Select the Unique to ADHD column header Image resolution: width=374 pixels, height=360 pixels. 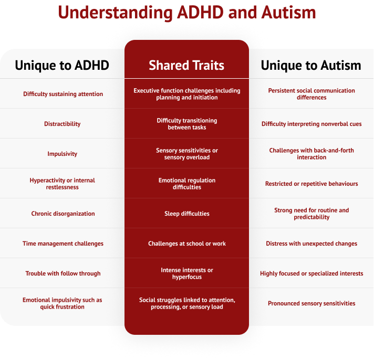[62, 65]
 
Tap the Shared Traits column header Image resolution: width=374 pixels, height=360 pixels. [186, 65]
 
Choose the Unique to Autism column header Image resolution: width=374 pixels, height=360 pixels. [311, 65]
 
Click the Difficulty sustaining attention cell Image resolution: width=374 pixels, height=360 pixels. [63, 94]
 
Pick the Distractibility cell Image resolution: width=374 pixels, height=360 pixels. [63, 124]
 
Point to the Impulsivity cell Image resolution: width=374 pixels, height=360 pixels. [63, 154]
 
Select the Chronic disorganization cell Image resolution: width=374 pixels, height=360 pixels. [63, 214]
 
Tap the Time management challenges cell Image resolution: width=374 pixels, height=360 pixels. [63, 243]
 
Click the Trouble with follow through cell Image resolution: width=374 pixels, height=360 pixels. [63, 273]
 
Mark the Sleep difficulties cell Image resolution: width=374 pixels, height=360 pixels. [186, 214]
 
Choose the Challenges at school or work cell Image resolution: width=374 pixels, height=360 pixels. [186, 243]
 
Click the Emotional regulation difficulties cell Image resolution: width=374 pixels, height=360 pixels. [186, 184]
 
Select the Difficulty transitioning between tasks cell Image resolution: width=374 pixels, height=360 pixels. [186, 124]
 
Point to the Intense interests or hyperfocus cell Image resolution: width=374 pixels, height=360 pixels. [186, 273]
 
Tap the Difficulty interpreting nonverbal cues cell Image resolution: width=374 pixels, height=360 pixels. [311, 124]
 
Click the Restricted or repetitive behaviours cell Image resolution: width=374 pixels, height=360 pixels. [311, 184]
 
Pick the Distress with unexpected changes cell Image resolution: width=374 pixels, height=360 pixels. [311, 243]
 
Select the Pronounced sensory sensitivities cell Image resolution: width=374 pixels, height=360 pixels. [311, 303]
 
